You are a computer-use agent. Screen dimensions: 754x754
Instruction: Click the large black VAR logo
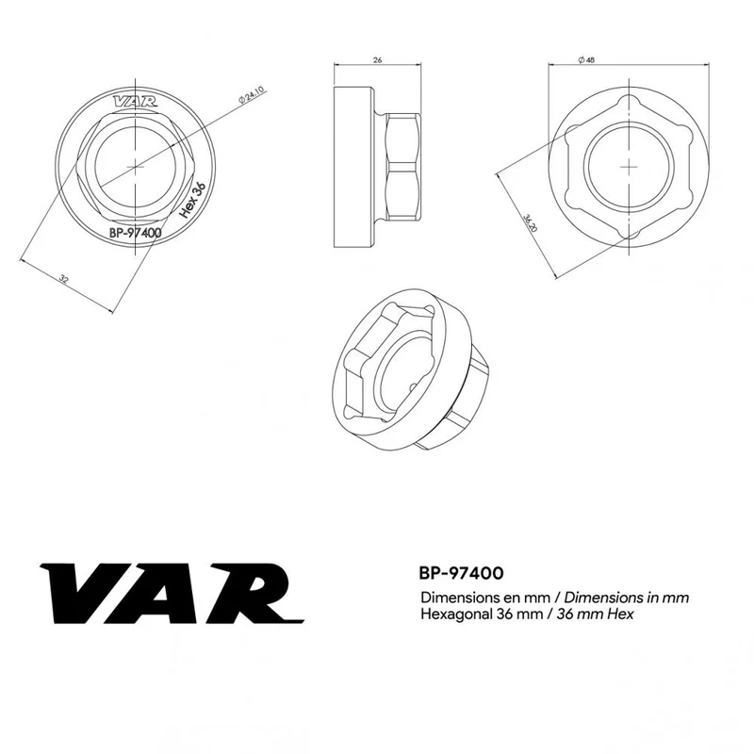coord(172,594)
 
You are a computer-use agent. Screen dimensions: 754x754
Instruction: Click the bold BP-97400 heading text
coord(461,573)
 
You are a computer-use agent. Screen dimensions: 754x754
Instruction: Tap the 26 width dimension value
coord(378,60)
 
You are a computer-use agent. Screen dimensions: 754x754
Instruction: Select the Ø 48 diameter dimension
coord(586,60)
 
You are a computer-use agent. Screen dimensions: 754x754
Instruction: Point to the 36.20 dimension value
coord(530,223)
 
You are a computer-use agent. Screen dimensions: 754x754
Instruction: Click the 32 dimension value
coord(63,278)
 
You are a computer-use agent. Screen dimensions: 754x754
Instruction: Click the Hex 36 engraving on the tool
coord(192,200)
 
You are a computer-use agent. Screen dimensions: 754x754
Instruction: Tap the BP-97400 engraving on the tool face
coord(136,233)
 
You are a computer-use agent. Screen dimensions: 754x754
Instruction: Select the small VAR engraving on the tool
coord(135,102)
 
